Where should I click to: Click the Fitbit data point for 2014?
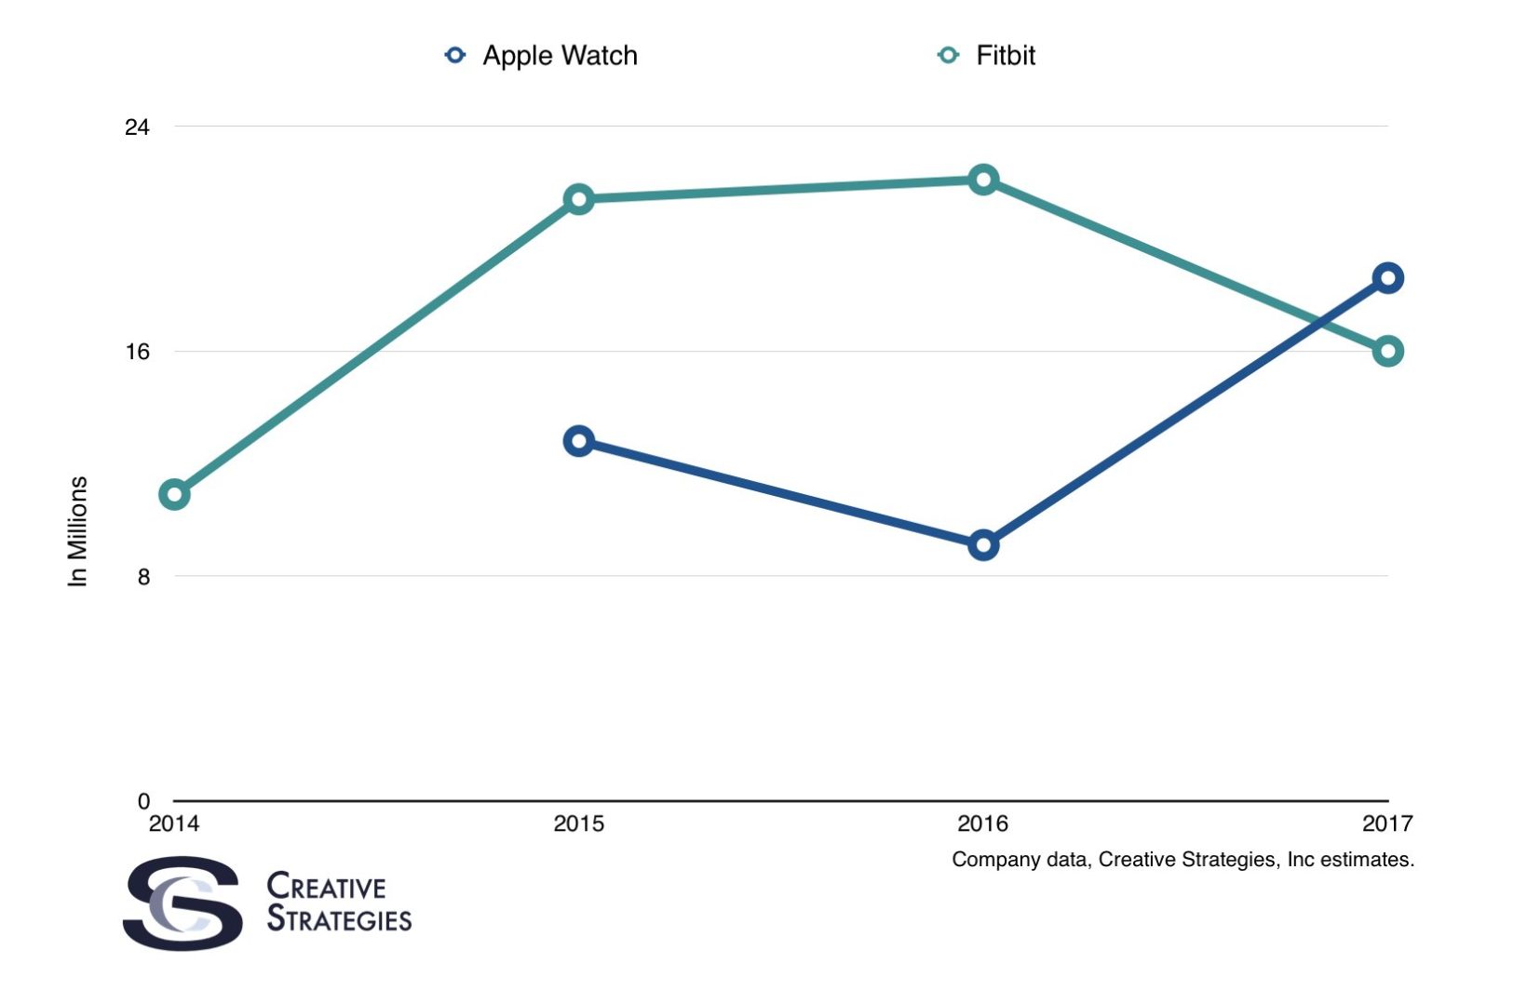coord(174,494)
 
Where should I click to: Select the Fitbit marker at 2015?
coord(579,199)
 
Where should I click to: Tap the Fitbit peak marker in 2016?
coord(983,180)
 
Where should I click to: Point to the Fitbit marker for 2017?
coord(1387,351)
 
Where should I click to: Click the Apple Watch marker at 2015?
coord(579,441)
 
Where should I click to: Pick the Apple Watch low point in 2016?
coord(983,545)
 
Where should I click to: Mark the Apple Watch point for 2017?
coord(1387,278)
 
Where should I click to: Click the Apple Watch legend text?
coord(560,56)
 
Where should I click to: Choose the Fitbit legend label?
coord(1005,56)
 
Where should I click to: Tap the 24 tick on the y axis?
coord(137,127)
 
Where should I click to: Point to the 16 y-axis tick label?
coord(137,352)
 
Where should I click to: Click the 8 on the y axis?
coord(143,577)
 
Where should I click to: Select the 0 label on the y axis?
coord(143,801)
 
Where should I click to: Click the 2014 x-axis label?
coord(174,823)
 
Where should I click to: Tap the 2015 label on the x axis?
coord(578,823)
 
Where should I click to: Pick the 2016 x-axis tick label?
coord(982,823)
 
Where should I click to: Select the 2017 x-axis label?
coord(1386,823)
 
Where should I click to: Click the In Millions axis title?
coord(78,531)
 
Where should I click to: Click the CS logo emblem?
coord(183,903)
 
